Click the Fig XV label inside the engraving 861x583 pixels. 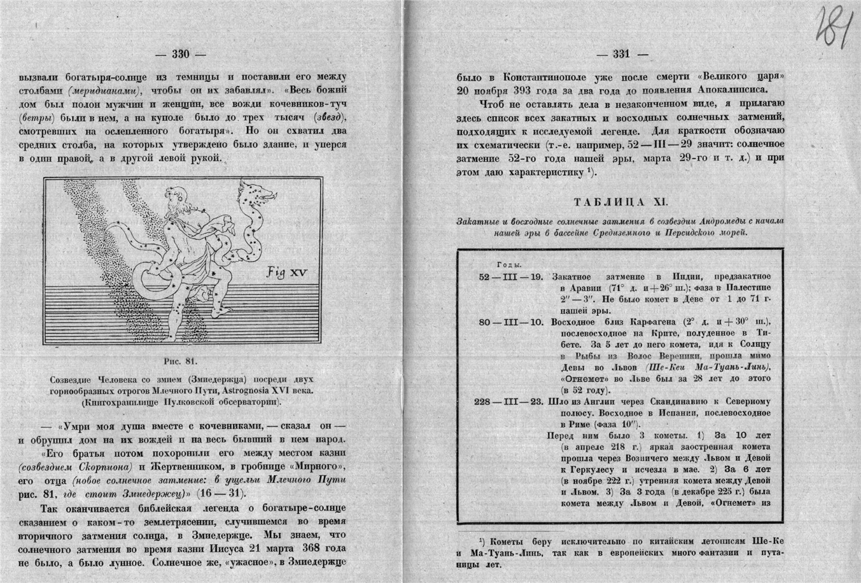(286, 272)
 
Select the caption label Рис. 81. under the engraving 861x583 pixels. (181, 362)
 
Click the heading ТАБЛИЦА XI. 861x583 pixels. (620, 201)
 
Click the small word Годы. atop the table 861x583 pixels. (508, 264)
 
